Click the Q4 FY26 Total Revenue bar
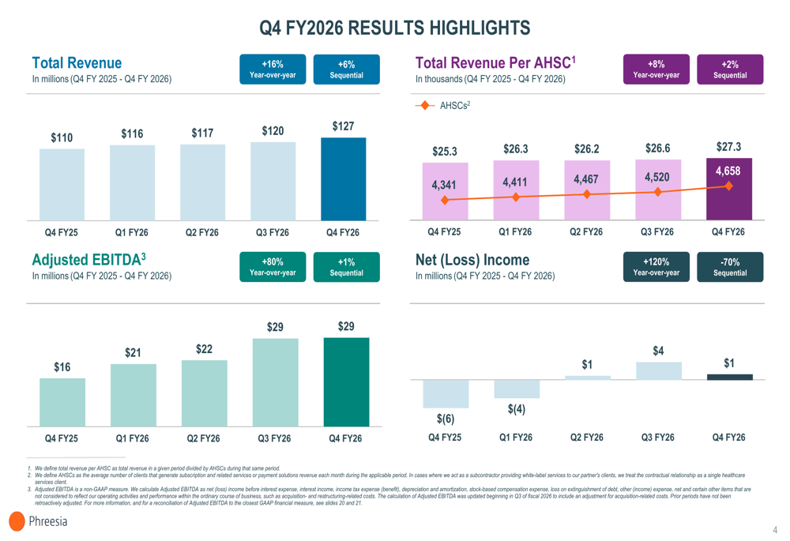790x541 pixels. [343, 179]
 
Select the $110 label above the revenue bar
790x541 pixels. [62, 138]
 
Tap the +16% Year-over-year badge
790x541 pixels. [273, 69]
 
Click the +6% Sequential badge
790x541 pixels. [346, 69]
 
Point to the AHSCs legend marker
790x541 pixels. [425, 105]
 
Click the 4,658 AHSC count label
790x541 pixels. [728, 171]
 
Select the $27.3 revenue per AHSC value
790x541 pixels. [728, 147]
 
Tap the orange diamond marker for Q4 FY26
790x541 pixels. [728, 186]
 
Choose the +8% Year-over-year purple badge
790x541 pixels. [656, 69]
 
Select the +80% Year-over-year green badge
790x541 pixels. [273, 267]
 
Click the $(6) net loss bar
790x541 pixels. [446, 393]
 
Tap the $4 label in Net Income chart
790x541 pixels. [658, 351]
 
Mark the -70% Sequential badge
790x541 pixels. [730, 267]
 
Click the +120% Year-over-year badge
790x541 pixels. [656, 267]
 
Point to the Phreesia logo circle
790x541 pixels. [17, 521]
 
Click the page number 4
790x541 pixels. [775, 530]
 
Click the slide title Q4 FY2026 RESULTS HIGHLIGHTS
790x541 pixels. [395, 28]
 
